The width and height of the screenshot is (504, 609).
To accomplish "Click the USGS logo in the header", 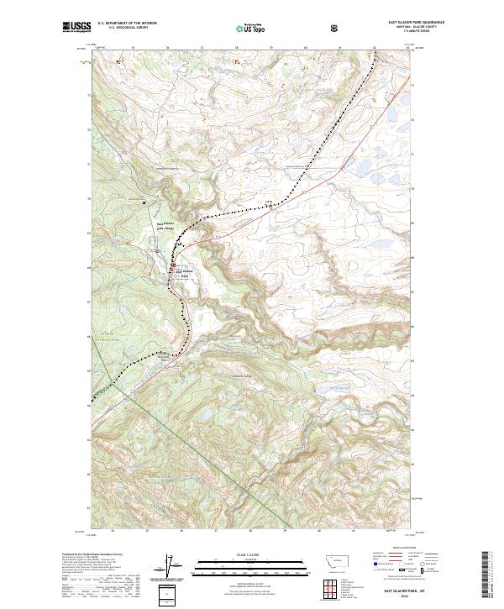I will coord(76,28).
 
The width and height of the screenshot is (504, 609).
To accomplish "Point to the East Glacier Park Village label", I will coord(165,226).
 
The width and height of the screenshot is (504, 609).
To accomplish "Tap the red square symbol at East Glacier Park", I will coord(175,270).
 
